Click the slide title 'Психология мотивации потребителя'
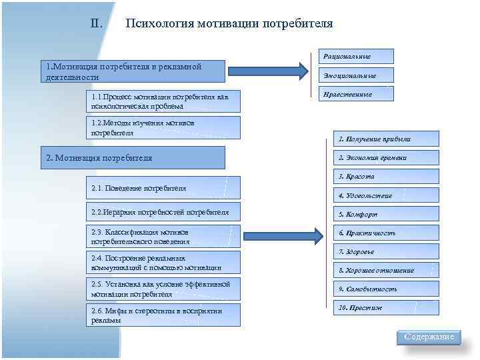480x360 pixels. click(229, 24)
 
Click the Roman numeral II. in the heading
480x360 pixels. click(96, 24)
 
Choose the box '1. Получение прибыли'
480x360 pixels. click(387, 139)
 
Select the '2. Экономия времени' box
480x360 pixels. click(387, 158)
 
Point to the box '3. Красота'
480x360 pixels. click(387, 177)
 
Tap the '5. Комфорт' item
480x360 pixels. click(387, 214)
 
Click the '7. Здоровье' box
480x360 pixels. click(387, 251)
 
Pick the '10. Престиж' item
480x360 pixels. click(387, 308)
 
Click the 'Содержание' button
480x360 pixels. click(429, 337)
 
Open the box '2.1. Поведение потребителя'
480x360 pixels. click(163, 188)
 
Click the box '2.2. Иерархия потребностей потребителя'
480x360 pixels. click(163, 212)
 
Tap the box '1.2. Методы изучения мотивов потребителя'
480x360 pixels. click(163, 127)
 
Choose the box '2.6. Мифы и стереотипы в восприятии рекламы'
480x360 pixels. click(163, 315)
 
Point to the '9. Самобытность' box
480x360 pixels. click(387, 289)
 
